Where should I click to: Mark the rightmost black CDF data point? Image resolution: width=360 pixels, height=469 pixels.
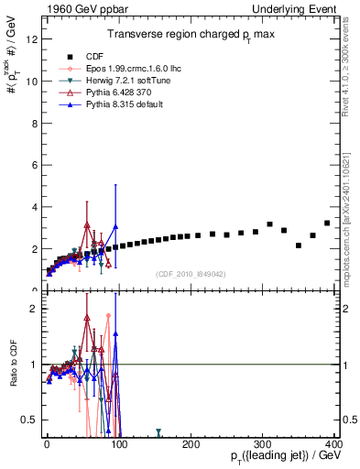click(x=327, y=223)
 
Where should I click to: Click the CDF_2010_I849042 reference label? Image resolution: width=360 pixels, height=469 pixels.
click(x=191, y=274)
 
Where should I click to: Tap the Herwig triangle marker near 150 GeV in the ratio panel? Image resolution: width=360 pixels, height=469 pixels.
click(x=158, y=431)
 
